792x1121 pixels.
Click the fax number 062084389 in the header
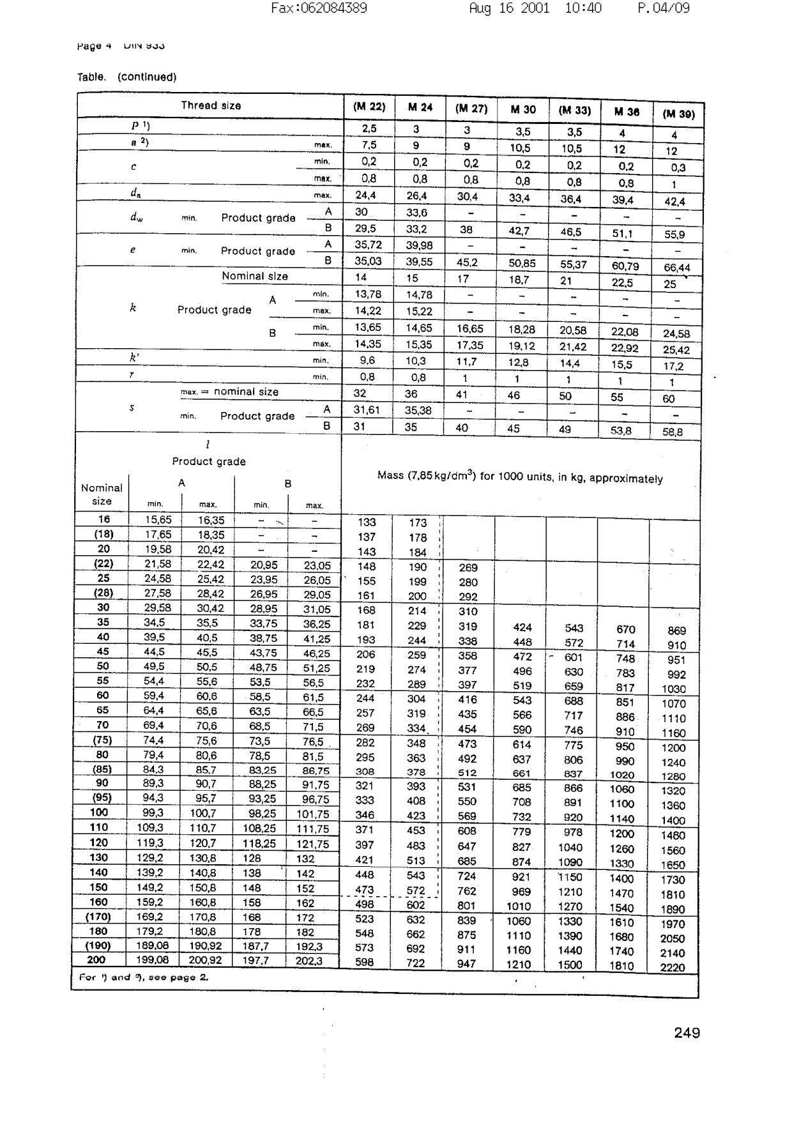pyautogui.click(x=319, y=8)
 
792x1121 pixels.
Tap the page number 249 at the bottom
pyautogui.click(x=687, y=1033)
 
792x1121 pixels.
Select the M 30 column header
pyautogui.click(x=522, y=109)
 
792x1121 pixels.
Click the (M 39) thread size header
pyautogui.click(x=678, y=114)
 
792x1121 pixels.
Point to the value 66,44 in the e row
pyautogui.click(x=676, y=268)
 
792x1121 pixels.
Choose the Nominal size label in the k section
pyautogui.click(x=254, y=277)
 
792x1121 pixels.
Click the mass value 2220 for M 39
pyautogui.click(x=673, y=968)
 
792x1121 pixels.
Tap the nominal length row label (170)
pyautogui.click(x=98, y=917)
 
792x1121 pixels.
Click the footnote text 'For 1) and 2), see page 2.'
pyautogui.click(x=144, y=977)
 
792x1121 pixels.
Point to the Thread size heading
pyautogui.click(x=211, y=105)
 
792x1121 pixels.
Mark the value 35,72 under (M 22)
pyautogui.click(x=367, y=245)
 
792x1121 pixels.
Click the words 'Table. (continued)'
pyautogui.click(x=126, y=77)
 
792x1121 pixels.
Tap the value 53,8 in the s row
pyautogui.click(x=620, y=431)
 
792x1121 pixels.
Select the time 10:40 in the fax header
pyautogui.click(x=583, y=8)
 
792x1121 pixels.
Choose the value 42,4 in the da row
pyautogui.click(x=674, y=202)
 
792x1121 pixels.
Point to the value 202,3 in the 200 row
pyautogui.click(x=308, y=961)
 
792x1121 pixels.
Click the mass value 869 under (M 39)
pyautogui.click(x=676, y=630)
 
